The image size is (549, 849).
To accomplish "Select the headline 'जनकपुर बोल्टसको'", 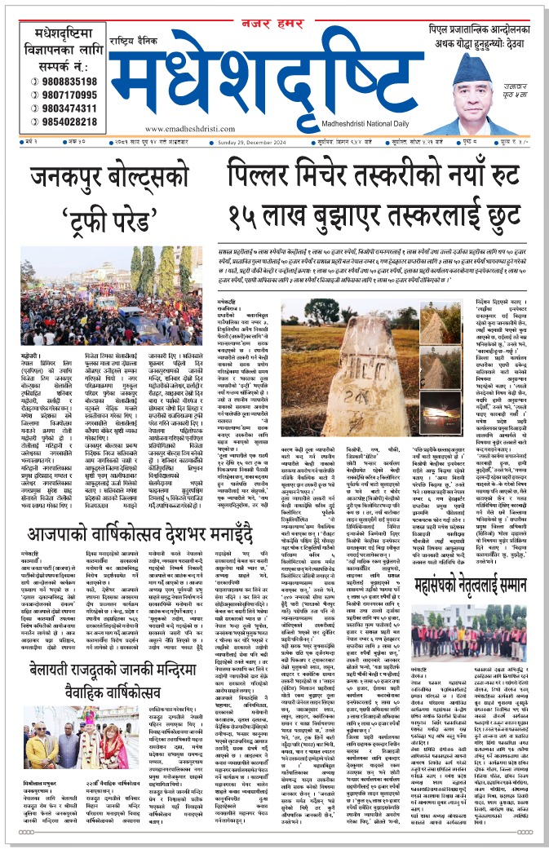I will click(110, 177).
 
